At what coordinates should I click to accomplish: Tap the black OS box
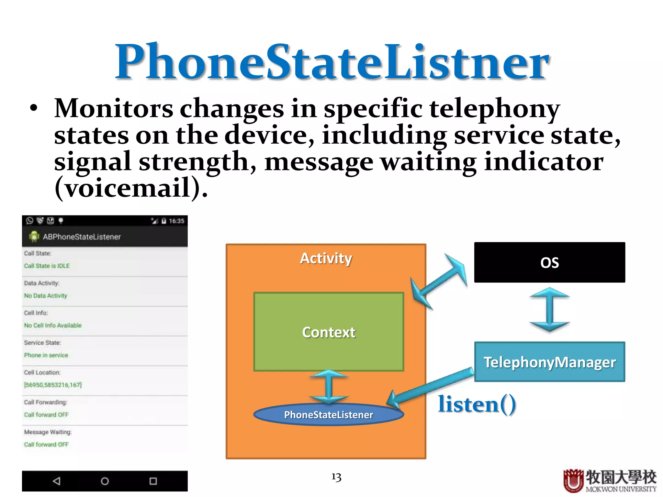click(x=549, y=262)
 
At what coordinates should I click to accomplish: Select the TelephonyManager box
click(x=549, y=362)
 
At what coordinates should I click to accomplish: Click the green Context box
click(x=329, y=332)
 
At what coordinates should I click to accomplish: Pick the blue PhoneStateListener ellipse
click(x=328, y=414)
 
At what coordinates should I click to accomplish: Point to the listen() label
click(x=477, y=404)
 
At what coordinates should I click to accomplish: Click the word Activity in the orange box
click(x=326, y=258)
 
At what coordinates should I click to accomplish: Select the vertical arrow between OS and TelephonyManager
click(x=549, y=310)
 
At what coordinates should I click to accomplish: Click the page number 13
click(x=336, y=477)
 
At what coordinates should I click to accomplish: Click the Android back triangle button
click(x=57, y=481)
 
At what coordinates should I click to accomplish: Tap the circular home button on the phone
click(x=105, y=481)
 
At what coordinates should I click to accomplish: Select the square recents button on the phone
click(x=153, y=481)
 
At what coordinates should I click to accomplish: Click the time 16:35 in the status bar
click(x=176, y=221)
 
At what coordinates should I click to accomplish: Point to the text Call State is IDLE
click(x=47, y=266)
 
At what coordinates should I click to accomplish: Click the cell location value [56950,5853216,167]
click(x=53, y=385)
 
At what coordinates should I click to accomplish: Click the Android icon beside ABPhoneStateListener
click(x=34, y=237)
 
